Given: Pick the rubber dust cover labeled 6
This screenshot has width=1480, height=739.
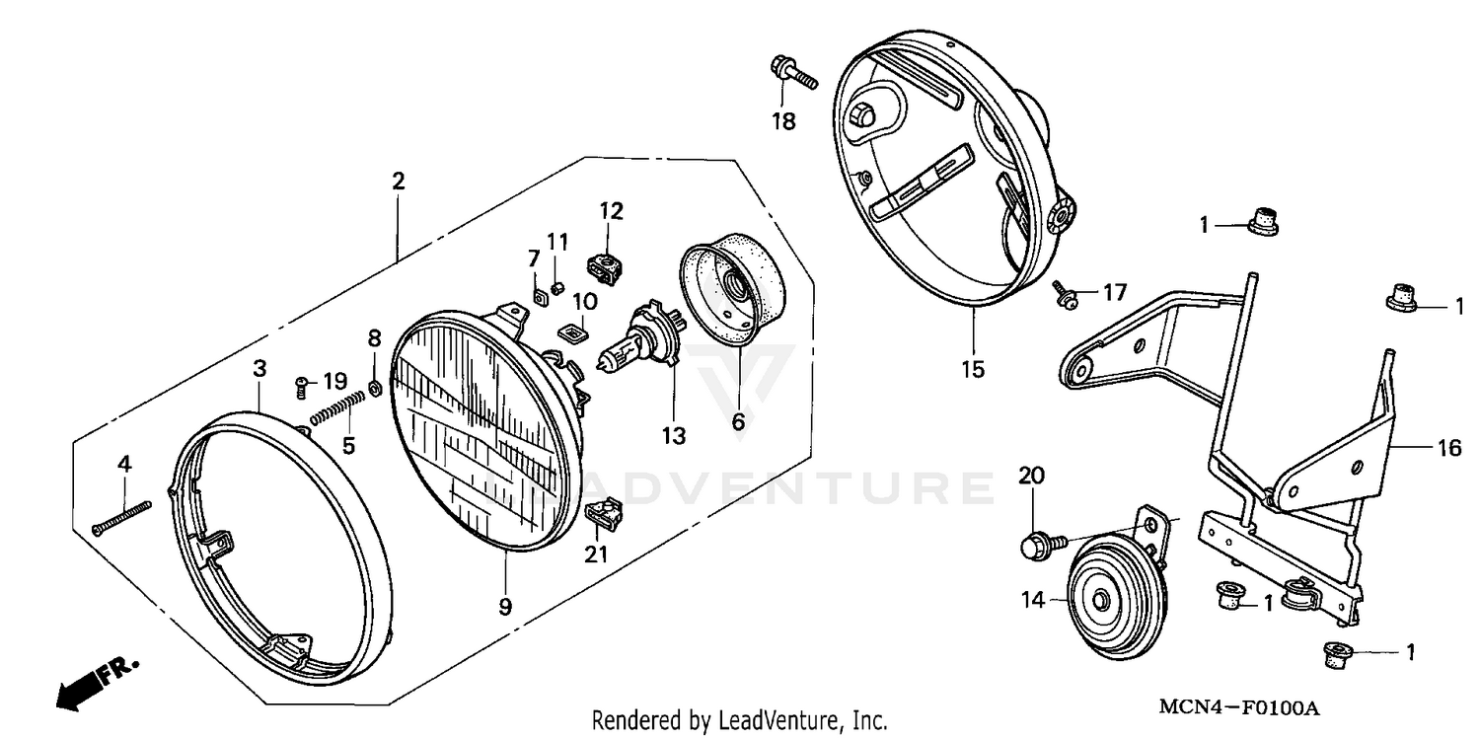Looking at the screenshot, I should [x=731, y=291].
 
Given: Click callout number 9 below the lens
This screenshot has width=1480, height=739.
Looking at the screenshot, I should [x=505, y=605].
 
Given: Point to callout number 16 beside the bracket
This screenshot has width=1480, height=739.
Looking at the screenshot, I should [x=1449, y=447].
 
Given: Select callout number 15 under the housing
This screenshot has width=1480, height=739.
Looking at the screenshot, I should [x=972, y=370].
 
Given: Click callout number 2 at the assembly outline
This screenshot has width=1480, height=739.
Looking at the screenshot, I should [x=398, y=182].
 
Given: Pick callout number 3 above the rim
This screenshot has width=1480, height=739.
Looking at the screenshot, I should [x=259, y=368].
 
